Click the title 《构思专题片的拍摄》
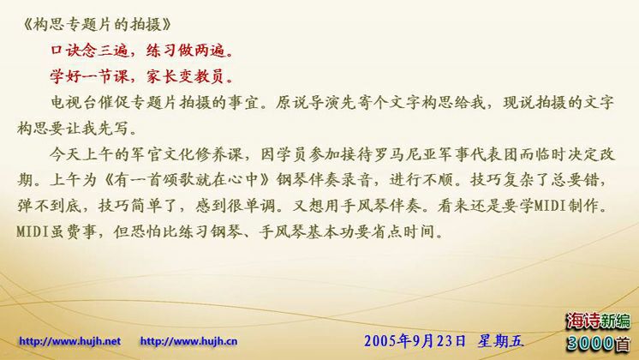pyautogui.click(x=97, y=25)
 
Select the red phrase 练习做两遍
pyautogui.click(x=186, y=51)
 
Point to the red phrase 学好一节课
pyautogui.click(x=90, y=76)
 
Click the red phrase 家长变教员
pyautogui.click(x=186, y=76)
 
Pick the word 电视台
pyautogui.click(x=75, y=102)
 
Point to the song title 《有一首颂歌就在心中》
pyautogui.click(x=187, y=180)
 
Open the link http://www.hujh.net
pyautogui.click(x=69, y=341)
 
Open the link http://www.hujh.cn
pyautogui.click(x=188, y=341)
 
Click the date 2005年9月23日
pyautogui.click(x=415, y=341)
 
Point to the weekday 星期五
pyautogui.click(x=501, y=341)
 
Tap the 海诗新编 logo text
pyautogui.click(x=598, y=321)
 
